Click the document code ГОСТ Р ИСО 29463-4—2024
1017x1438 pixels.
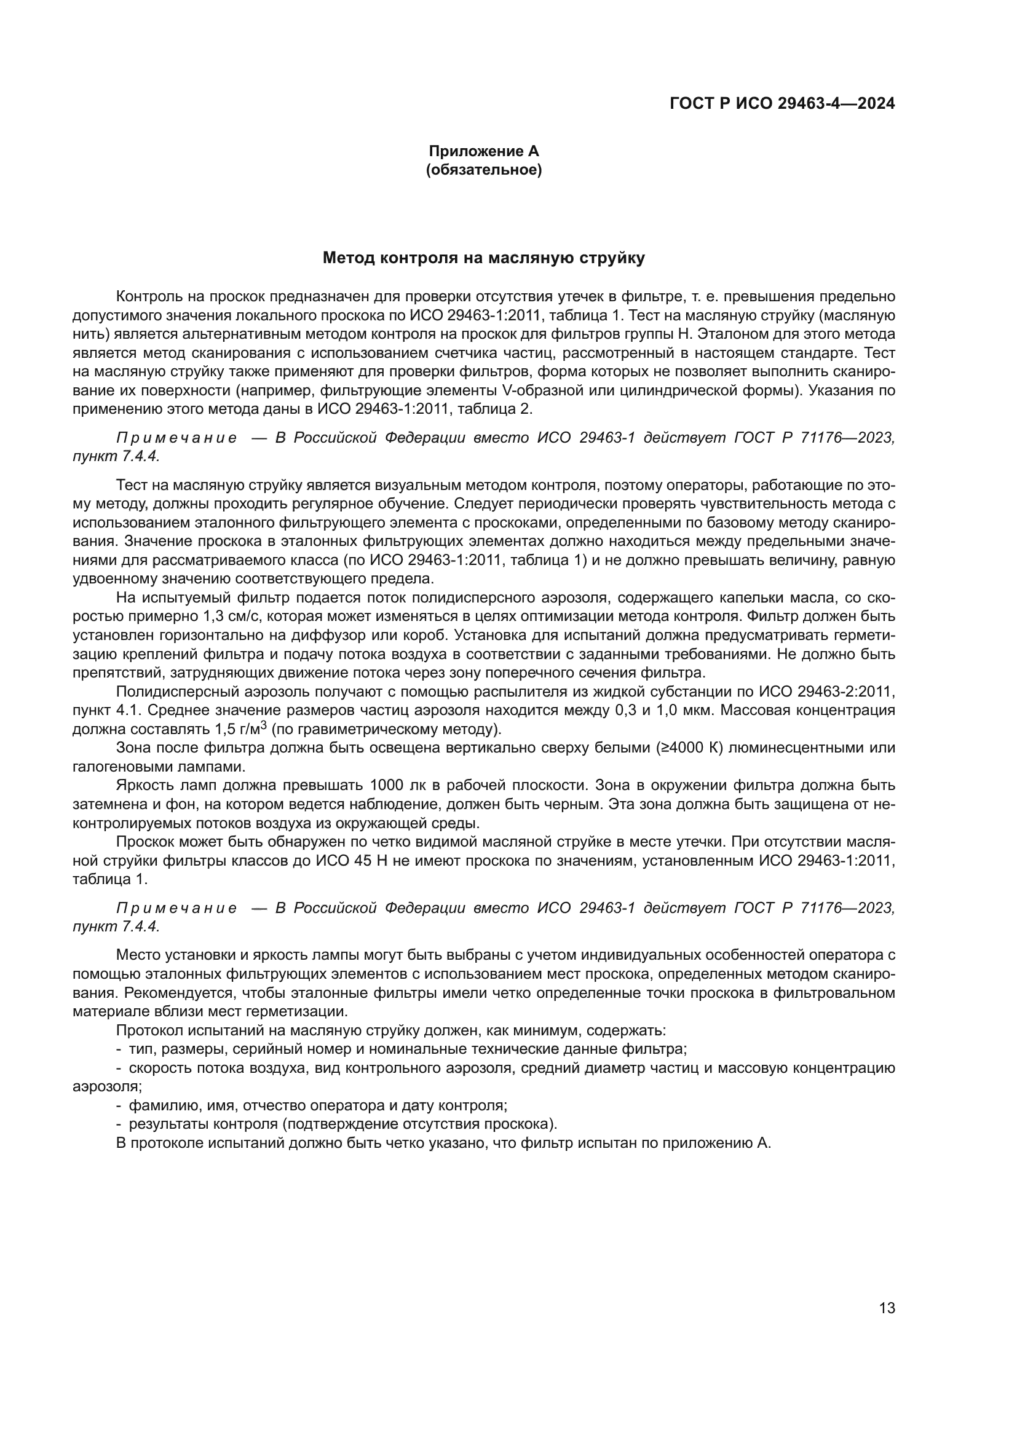(782, 103)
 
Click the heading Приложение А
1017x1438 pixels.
(483, 151)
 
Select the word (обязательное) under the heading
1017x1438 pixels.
(483, 170)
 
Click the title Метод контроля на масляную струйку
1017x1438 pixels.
(483, 258)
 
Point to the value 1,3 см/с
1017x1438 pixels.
(237, 616)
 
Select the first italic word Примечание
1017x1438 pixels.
(176, 438)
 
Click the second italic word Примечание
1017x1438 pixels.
(176, 907)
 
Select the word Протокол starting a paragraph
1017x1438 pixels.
(146, 1030)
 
